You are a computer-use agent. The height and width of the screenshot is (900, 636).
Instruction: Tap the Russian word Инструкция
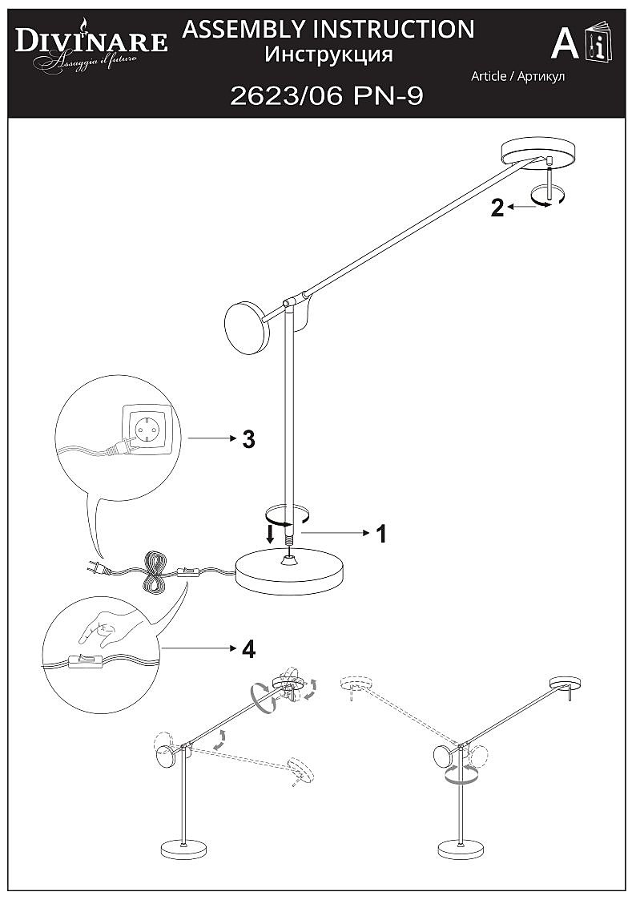coord(328,54)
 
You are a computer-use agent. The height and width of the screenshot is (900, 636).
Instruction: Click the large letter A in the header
coord(566,44)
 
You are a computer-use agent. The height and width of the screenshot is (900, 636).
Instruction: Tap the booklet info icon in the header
coord(598,44)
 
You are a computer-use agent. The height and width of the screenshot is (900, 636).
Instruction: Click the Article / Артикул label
coord(517,76)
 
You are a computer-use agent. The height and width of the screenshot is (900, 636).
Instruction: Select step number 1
coord(381,533)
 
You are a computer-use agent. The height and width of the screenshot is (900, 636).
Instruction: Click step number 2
coord(497,208)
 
